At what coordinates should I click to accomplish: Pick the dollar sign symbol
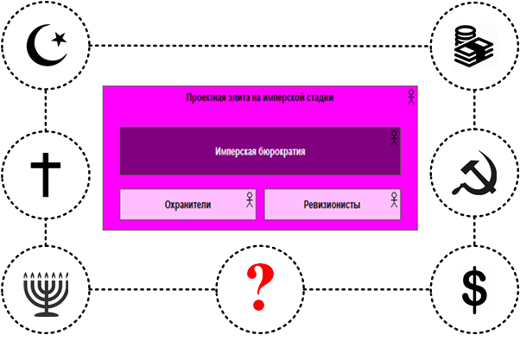pyautogui.click(x=474, y=289)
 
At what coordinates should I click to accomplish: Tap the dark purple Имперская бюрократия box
pyautogui.click(x=260, y=151)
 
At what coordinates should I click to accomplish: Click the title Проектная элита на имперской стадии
pyautogui.click(x=260, y=98)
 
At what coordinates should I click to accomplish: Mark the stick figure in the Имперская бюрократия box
pyautogui.click(x=394, y=137)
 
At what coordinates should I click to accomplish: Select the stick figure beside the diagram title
pyautogui.click(x=411, y=97)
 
